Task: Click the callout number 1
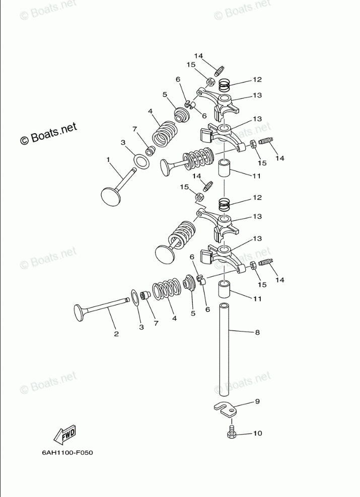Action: tap(108, 159)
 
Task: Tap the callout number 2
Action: tap(116, 334)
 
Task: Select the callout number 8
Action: tap(257, 332)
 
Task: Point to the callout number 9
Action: tap(257, 401)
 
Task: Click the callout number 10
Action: tap(257, 433)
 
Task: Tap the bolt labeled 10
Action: tap(232, 431)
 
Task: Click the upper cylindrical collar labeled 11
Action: tap(225, 168)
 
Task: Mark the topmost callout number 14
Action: tap(198, 55)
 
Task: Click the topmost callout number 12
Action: tap(257, 79)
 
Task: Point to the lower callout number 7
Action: tap(156, 323)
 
